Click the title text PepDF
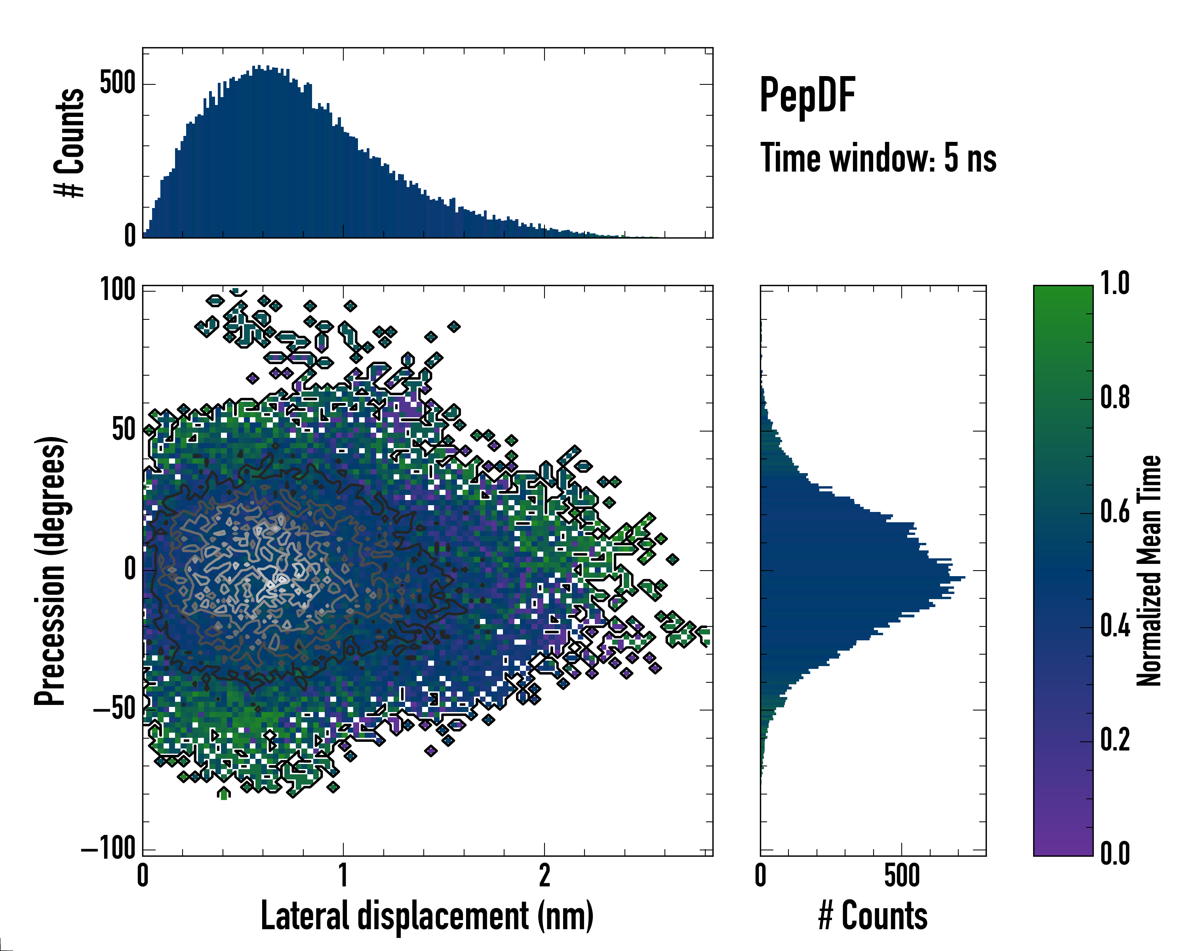[x=807, y=96]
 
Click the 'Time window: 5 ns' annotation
[x=878, y=158]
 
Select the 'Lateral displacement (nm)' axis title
[x=427, y=916]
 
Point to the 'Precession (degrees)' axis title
[x=51, y=571]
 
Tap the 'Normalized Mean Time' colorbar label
[x=1149, y=571]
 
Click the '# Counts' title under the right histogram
[x=873, y=916]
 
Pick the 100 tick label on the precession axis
[x=117, y=289]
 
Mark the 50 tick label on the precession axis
[x=124, y=430]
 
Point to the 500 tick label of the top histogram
[x=117, y=83]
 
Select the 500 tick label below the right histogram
[x=902, y=875]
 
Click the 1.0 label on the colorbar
[x=1115, y=284]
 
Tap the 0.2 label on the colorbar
[x=1115, y=740]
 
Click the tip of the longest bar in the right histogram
[x=964, y=578]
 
